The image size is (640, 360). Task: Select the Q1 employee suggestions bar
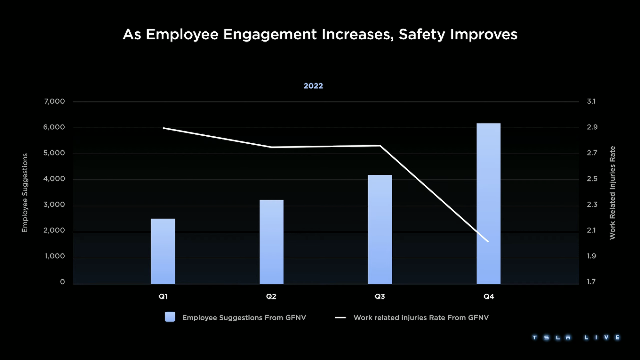(163, 251)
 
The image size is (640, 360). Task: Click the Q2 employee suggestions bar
(271, 242)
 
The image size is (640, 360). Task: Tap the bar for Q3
(380, 229)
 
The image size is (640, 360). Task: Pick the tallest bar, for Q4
(488, 204)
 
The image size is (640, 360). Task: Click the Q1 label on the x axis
(163, 296)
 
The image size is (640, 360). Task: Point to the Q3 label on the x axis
(380, 296)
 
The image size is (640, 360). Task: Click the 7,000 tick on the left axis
(54, 101)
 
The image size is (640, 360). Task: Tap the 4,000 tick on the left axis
(54, 179)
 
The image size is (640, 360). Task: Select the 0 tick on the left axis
(62, 282)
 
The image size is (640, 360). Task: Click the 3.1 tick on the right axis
(591, 101)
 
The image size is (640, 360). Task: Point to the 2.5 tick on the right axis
(592, 179)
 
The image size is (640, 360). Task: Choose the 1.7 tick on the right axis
(591, 282)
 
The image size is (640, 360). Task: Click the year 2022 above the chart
(313, 86)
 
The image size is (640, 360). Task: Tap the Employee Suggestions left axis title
(25, 193)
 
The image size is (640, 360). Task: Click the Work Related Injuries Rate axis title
(612, 193)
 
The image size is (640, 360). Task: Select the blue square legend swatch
(170, 317)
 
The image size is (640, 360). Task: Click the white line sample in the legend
(340, 318)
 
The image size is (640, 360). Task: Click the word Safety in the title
(422, 35)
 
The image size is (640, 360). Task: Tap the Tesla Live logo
(576, 337)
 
